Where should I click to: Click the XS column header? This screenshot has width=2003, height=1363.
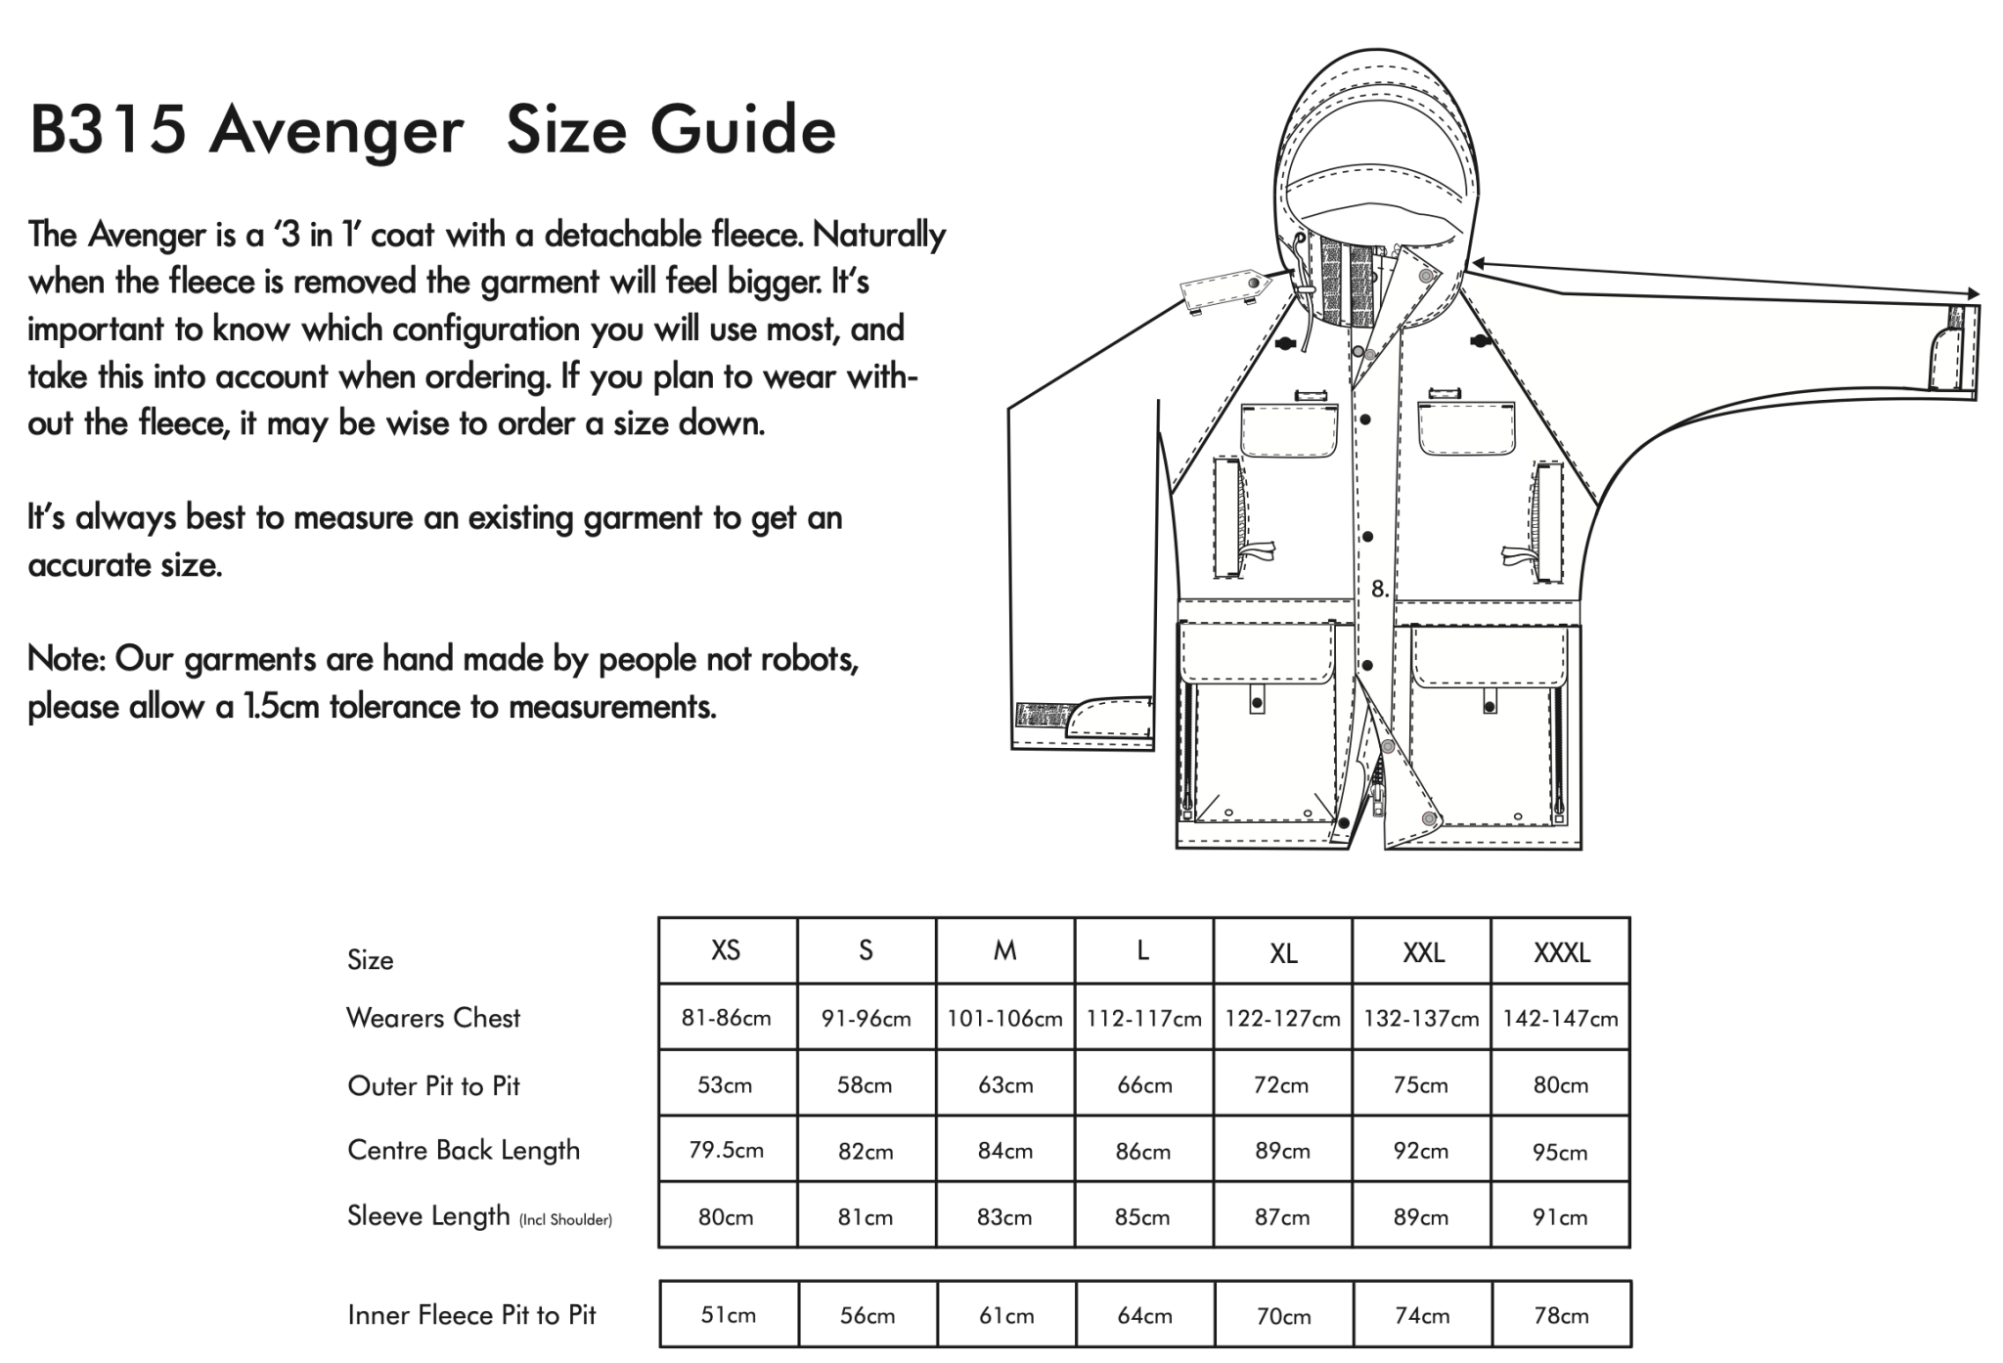[727, 950]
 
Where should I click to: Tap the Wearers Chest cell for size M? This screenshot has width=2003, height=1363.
[1004, 1019]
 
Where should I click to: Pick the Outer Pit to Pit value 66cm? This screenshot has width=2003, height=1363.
[1143, 1085]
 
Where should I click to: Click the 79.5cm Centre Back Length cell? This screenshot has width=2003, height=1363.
[727, 1151]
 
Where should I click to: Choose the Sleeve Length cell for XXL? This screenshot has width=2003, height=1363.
[1421, 1217]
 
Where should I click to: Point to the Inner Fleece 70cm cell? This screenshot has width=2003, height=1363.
[1282, 1316]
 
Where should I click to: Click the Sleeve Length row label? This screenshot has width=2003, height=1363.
[428, 1216]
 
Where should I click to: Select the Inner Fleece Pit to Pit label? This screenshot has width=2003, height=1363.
[471, 1315]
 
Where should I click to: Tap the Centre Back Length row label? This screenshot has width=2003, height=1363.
[464, 1150]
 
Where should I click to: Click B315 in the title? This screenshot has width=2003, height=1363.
[108, 130]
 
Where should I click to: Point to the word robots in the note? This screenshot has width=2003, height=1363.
[811, 660]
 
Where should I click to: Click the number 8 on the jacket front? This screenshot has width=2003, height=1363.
[1378, 589]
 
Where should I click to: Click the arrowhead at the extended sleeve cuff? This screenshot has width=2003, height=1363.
[1973, 293]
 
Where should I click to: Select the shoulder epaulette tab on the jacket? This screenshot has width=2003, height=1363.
[1223, 289]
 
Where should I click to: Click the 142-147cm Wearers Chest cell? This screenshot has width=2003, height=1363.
[1561, 1019]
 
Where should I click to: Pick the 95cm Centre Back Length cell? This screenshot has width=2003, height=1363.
[1561, 1152]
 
